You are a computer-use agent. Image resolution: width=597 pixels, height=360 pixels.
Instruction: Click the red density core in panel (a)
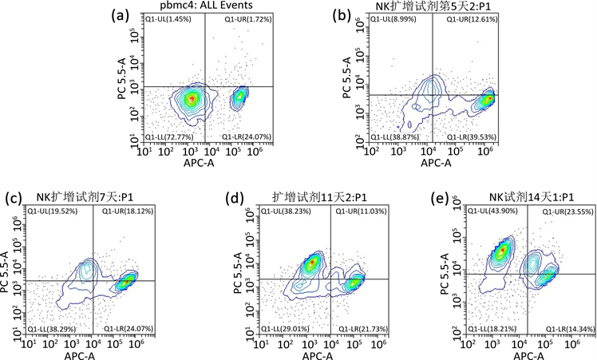coord(190,100)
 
